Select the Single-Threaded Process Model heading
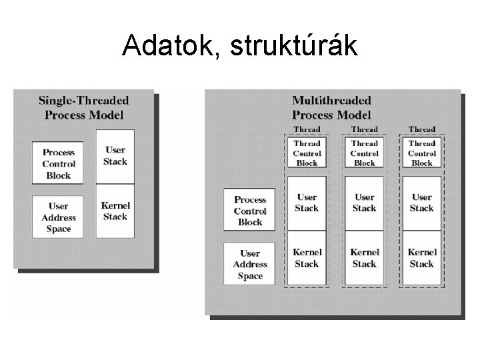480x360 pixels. [x=83, y=107]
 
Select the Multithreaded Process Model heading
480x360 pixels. [x=331, y=107]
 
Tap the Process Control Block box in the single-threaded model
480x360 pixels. [x=58, y=163]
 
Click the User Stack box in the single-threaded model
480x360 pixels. [x=115, y=156]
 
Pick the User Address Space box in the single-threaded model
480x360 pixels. [x=58, y=217]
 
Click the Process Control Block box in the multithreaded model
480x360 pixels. [x=249, y=211]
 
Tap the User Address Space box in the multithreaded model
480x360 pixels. [x=249, y=265]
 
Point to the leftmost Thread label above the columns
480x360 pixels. [x=307, y=129]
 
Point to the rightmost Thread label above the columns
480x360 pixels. [x=422, y=129]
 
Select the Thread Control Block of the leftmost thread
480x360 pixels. [x=307, y=153]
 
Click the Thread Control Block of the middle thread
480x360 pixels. [x=364, y=153]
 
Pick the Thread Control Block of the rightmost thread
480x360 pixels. [x=422, y=153]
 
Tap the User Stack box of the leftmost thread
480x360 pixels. [x=307, y=203]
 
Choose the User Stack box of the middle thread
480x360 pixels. [x=364, y=203]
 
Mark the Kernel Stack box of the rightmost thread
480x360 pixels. [x=422, y=258]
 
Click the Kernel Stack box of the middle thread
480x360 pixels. [x=364, y=258]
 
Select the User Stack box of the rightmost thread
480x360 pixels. [x=422, y=203]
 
